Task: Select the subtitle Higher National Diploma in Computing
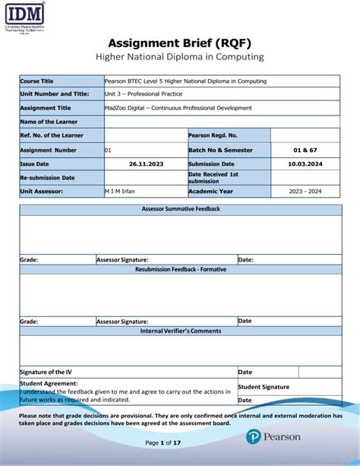(x=179, y=57)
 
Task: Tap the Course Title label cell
(x=36, y=81)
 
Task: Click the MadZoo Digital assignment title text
(x=178, y=108)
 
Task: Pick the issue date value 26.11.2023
(x=144, y=163)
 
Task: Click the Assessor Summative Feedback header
(x=181, y=208)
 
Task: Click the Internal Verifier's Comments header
(x=181, y=331)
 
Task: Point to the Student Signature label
(x=264, y=386)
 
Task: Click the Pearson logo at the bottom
(x=273, y=437)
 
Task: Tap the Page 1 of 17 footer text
(x=163, y=442)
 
